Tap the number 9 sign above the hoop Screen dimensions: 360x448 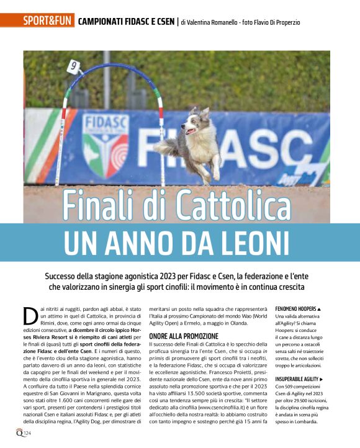(x=73, y=65)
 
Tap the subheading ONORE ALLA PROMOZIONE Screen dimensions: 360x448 (x=184, y=336)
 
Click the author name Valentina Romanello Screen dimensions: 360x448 (x=214, y=22)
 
